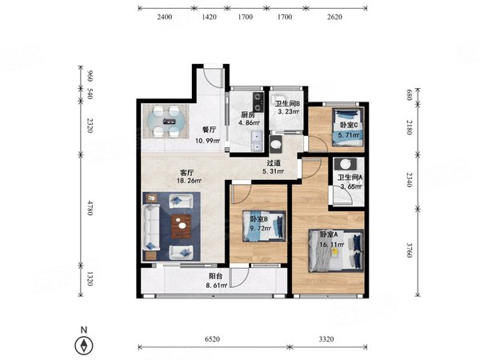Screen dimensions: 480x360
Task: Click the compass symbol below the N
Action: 83,346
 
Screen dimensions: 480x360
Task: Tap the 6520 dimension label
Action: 212,339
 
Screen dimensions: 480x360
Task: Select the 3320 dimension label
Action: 326,339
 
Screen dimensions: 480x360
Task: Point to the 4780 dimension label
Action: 90,208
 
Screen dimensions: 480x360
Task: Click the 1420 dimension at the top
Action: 210,17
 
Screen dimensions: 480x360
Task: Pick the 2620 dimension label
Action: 334,17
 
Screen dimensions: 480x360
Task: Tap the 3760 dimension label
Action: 410,250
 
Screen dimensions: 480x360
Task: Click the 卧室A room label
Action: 329,234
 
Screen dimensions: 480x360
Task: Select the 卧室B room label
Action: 259,219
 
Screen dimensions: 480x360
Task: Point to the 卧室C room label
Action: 349,126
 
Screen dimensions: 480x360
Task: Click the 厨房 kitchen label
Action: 248,115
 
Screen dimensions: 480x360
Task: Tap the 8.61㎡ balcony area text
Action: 218,286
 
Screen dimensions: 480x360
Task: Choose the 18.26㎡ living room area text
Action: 189,181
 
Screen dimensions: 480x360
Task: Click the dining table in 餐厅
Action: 166,122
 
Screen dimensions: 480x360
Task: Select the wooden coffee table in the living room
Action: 182,226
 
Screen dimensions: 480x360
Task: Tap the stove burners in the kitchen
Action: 258,102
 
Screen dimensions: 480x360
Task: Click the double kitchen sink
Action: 257,141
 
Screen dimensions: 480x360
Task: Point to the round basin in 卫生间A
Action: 346,164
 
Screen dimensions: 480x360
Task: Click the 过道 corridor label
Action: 274,163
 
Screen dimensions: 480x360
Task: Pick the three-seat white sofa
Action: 151,227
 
